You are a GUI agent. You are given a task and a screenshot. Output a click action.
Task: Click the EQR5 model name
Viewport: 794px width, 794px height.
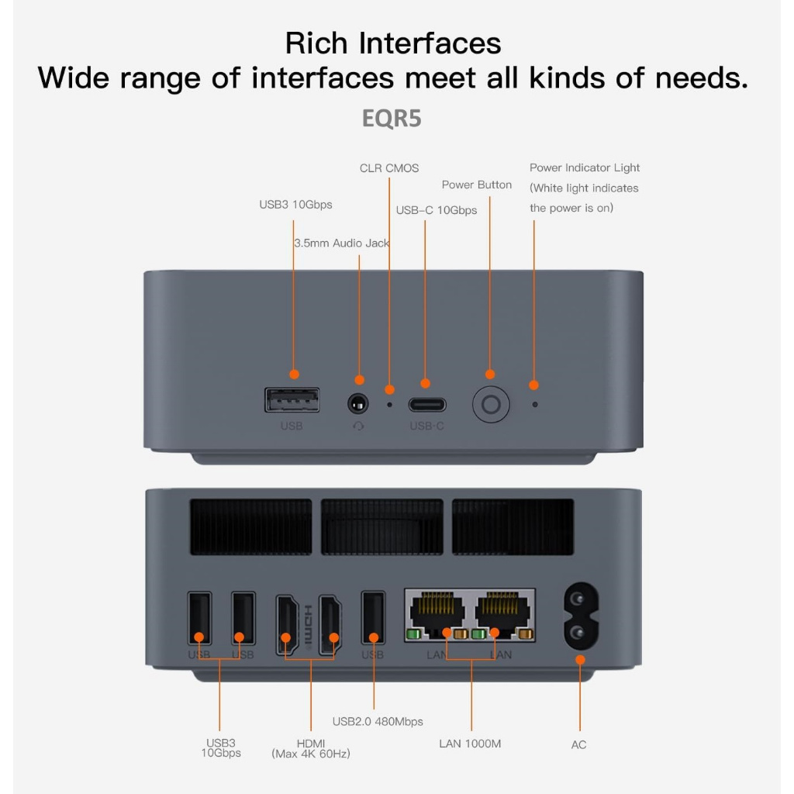(x=392, y=119)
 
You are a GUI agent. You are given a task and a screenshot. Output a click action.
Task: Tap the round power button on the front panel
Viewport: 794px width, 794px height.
(x=492, y=405)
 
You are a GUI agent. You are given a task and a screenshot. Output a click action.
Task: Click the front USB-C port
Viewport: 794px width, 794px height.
(x=427, y=405)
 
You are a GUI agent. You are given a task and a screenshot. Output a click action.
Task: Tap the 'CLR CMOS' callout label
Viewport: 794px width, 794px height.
(x=389, y=168)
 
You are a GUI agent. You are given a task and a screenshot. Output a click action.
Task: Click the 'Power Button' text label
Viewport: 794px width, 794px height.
(x=477, y=185)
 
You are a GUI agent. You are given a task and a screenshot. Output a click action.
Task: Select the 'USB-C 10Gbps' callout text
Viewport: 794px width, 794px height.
(x=437, y=210)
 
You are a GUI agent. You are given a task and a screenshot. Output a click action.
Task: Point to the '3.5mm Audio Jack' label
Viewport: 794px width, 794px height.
(x=342, y=243)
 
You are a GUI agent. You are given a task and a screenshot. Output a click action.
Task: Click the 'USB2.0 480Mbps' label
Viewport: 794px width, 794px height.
(x=378, y=722)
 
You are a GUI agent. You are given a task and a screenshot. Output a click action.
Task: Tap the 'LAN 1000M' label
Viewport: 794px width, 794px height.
(x=470, y=744)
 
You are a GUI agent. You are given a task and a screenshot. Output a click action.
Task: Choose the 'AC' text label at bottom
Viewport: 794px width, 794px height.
(x=578, y=745)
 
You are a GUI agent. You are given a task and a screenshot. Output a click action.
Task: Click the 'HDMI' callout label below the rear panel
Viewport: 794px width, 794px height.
(x=310, y=744)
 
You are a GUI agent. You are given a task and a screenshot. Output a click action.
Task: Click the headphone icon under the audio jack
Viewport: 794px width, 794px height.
(x=358, y=426)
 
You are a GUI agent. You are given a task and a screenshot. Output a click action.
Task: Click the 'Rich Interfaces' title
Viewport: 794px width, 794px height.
(x=393, y=43)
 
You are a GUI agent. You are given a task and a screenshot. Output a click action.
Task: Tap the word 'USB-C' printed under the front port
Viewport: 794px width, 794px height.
(x=427, y=426)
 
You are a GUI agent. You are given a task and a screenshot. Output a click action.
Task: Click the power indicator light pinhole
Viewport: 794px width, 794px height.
(x=535, y=404)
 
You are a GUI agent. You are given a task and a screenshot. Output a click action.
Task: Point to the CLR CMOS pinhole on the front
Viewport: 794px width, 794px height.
(x=390, y=404)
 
